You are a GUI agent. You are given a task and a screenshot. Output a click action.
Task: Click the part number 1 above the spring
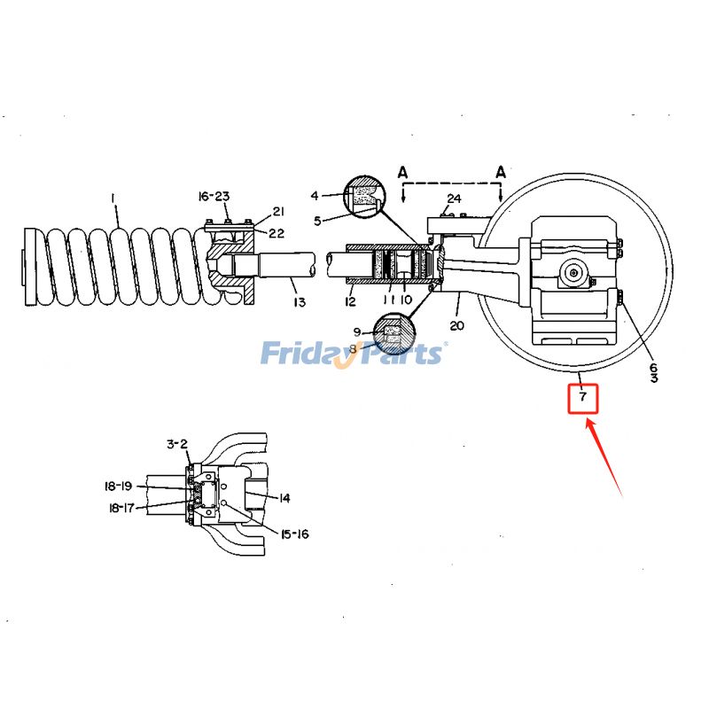point(113,199)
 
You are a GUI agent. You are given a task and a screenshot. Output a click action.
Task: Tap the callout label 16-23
point(213,196)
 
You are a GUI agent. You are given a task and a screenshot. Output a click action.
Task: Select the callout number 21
point(277,211)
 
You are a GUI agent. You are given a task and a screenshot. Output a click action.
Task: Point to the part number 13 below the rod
point(300,303)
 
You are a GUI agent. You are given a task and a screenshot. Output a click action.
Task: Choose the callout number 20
point(456,325)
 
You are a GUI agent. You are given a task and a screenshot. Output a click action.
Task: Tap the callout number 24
point(454,198)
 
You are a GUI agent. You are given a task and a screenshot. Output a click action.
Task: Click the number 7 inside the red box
point(582,397)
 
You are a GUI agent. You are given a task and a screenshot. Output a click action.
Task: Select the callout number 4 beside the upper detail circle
point(314,195)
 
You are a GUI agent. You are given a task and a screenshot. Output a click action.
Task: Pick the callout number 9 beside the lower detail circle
point(356,331)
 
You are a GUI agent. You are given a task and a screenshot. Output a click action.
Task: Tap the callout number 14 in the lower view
point(284,498)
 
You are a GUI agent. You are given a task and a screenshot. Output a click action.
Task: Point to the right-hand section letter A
point(501,172)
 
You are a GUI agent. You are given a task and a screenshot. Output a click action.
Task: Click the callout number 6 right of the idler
point(653,367)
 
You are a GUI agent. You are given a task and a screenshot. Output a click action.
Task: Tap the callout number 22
point(277,232)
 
